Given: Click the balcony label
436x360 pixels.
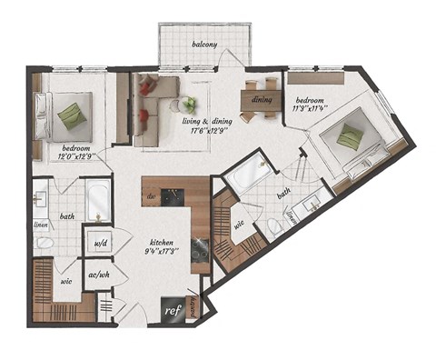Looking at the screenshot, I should coord(203,44).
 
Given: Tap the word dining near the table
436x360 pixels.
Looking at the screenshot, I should coord(262,99).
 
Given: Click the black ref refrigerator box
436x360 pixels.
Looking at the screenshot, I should coord(170,310).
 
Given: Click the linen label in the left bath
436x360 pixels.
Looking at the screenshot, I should coord(40,224).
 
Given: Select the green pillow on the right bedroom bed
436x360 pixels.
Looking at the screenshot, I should coord(351,136).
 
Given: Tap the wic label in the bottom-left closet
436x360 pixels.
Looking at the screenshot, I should coord(66,282).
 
